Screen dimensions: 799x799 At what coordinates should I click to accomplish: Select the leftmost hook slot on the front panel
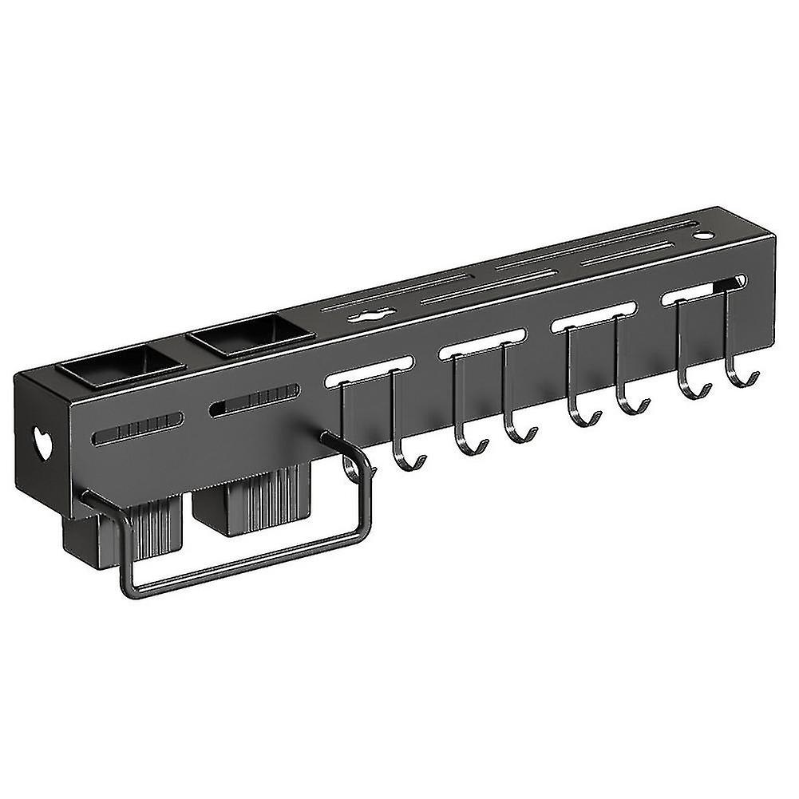[368, 370]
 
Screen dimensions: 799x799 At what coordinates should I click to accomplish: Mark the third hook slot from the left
[593, 317]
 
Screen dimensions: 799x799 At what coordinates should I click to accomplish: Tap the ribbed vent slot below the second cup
[254, 401]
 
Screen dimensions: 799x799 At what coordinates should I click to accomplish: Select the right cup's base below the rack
[247, 503]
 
